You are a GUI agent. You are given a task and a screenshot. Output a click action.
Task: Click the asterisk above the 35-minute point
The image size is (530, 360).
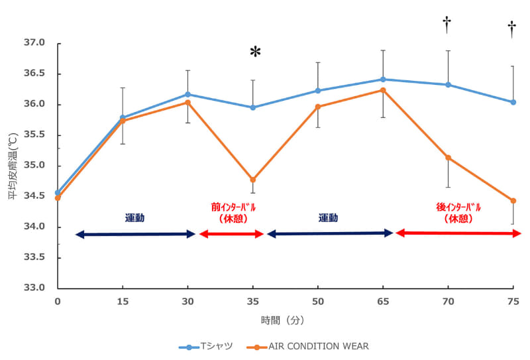255,52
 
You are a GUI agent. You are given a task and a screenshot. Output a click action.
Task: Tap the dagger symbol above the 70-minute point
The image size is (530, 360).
447,25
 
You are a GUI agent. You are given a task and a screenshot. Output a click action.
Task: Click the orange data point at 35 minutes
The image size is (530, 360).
253,180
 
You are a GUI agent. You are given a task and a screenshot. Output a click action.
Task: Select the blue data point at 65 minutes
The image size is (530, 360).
383,80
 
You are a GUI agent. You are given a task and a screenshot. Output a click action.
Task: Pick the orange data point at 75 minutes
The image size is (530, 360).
513,201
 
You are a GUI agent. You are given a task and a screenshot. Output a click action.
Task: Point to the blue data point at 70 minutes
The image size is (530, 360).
448,85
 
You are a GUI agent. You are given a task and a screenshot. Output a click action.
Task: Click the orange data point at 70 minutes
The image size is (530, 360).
448,158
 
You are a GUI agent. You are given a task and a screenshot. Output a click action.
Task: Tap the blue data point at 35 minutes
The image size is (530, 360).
253,107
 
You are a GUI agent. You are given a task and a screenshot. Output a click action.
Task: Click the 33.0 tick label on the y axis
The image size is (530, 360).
34,288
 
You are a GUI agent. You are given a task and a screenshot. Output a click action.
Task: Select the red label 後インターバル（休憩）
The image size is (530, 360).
458,212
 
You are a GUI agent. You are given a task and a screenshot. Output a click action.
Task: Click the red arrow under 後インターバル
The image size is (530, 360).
458,233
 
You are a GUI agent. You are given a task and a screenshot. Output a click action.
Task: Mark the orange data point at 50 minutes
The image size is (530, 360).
318,107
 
